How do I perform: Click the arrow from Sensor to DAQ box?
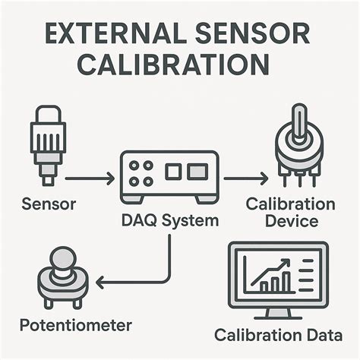(x=89, y=178)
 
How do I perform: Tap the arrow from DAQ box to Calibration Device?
(x=245, y=178)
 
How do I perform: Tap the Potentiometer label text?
(x=76, y=326)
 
